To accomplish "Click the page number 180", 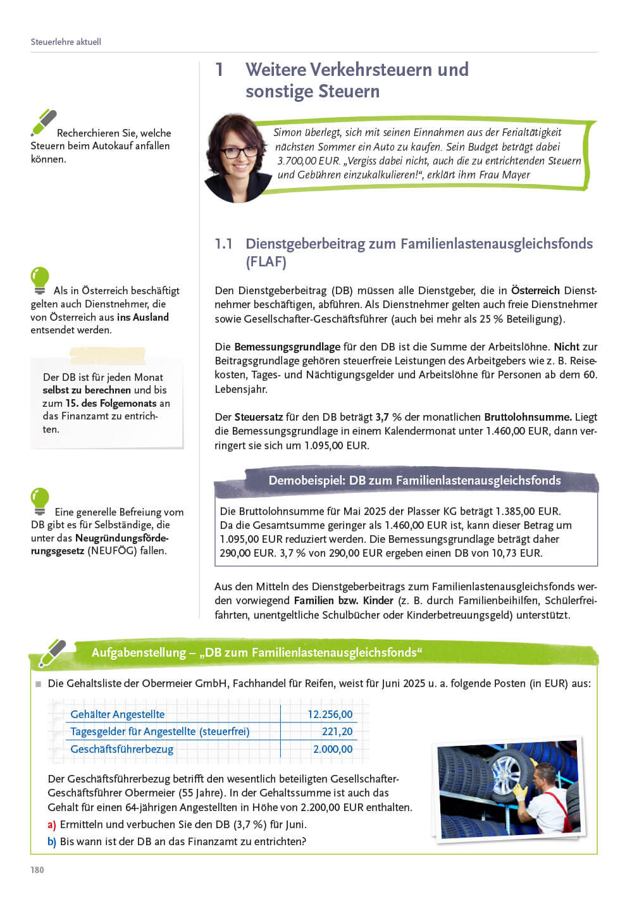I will [x=37, y=870].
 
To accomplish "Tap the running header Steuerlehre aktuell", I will [x=66, y=42].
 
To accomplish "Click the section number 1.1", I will [x=223, y=244].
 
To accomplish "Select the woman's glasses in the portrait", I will [x=239, y=152].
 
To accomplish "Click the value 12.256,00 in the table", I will [x=330, y=714].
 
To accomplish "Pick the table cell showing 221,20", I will [x=337, y=731].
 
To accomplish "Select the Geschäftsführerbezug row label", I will [x=121, y=749].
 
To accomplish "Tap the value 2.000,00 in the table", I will [x=333, y=749].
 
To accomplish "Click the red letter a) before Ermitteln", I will [x=52, y=824].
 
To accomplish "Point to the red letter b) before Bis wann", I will [x=52, y=841].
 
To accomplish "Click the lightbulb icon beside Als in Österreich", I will [x=40, y=280].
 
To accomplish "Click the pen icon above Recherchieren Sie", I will [x=44, y=122].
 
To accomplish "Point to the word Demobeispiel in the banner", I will [x=306, y=481].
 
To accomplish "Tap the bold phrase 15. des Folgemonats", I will [x=111, y=403].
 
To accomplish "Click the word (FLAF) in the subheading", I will [x=266, y=262].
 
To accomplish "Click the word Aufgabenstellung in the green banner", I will [x=139, y=652].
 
